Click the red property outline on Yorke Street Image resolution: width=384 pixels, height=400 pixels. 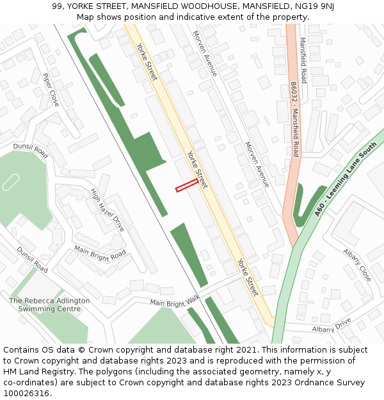coord(187,185)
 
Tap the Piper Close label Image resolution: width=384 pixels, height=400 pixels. coord(51,90)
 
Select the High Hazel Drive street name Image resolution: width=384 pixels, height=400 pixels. coord(107,209)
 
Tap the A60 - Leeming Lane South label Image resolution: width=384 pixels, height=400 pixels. coord(342,181)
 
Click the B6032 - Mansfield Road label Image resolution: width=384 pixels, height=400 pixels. coord(294,119)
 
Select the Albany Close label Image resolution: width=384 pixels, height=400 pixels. coord(357,264)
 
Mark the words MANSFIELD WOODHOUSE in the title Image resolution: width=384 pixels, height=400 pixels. coord(184,6)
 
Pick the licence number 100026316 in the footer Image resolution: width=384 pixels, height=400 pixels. coord(27,393)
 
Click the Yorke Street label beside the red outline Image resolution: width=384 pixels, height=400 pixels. coord(197,170)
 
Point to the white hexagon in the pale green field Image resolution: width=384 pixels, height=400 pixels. coord(11,182)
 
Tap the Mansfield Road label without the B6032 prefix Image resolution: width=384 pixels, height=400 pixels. coord(303,60)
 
